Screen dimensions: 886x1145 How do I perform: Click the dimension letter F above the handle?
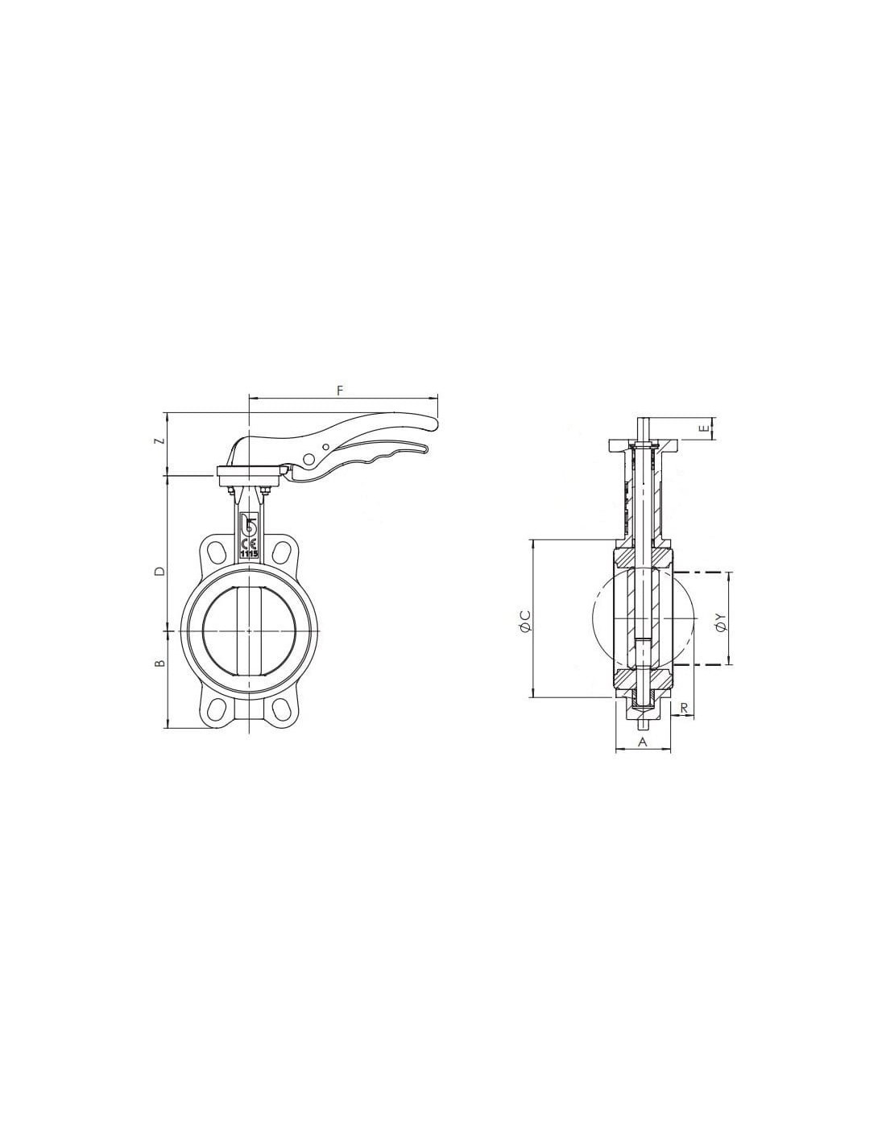click(340, 390)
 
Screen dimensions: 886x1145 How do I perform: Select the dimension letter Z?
click(163, 440)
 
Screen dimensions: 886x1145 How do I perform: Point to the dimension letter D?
click(162, 571)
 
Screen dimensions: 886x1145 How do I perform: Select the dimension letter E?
click(704, 428)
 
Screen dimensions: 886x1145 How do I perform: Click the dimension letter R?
click(684, 708)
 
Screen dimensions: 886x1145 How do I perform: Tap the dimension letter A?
click(643, 742)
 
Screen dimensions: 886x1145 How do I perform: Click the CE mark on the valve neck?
click(248, 544)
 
